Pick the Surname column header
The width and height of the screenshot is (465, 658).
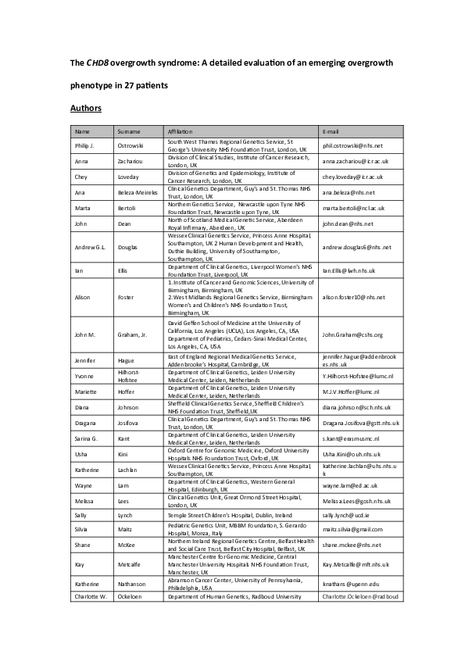(x=128, y=131)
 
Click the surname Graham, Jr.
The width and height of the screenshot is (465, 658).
(x=134, y=334)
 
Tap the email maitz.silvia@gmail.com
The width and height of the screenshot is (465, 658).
(x=353, y=530)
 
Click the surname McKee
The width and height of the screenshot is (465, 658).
(x=127, y=545)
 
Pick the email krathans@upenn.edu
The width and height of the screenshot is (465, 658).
(x=349, y=584)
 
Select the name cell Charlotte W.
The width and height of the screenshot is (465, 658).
(x=93, y=596)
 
